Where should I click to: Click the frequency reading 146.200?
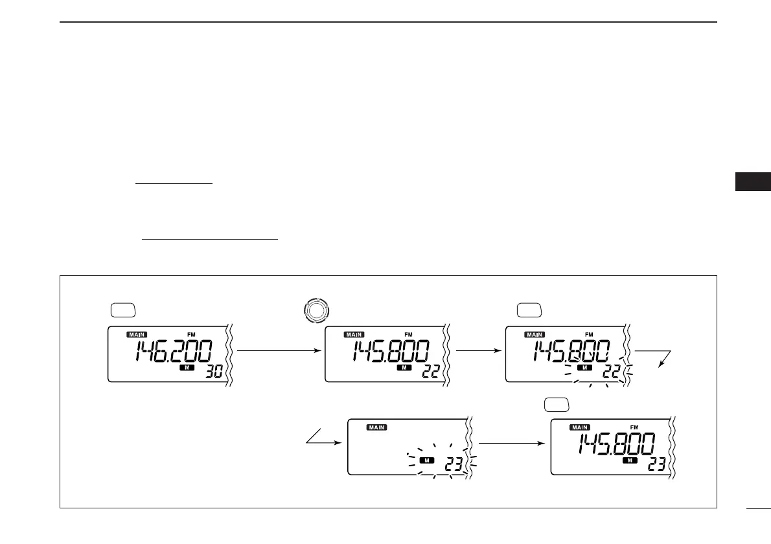pyautogui.click(x=174, y=353)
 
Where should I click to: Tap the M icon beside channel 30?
pyautogui.click(x=186, y=368)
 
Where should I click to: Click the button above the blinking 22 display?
pyautogui.click(x=529, y=311)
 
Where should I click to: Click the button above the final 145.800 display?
pyautogui.click(x=557, y=404)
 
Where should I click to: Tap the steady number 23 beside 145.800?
pyautogui.click(x=656, y=466)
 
